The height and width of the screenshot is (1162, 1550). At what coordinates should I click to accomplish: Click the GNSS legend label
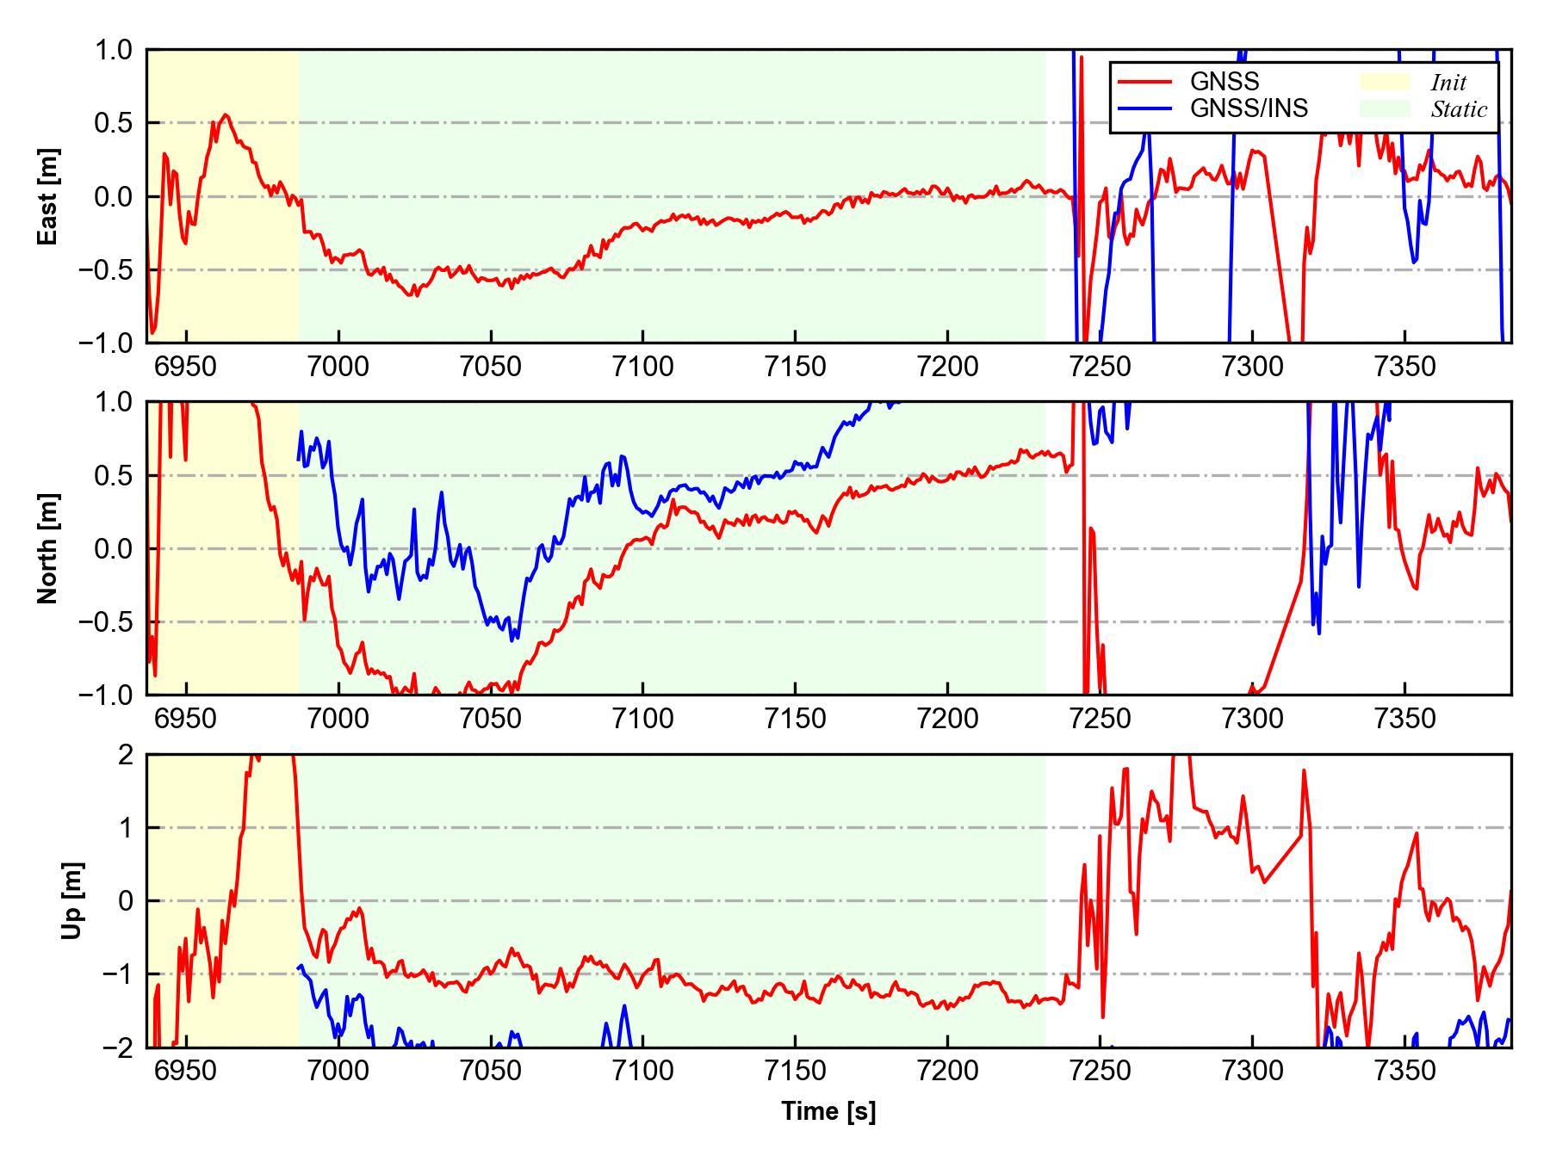[1224, 82]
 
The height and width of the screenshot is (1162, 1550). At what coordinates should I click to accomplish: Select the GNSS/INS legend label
[1249, 108]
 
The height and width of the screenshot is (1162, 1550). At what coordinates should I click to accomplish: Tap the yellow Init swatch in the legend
[1385, 82]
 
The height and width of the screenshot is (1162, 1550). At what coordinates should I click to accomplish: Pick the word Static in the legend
[1459, 109]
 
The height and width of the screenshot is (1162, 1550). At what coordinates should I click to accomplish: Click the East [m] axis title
[49, 196]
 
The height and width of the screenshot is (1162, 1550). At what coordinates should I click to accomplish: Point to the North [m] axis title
[49, 548]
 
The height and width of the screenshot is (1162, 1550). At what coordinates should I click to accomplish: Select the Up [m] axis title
[72, 900]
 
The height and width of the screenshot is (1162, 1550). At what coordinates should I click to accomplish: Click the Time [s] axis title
[828, 1111]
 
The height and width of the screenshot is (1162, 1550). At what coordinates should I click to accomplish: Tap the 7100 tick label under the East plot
[642, 367]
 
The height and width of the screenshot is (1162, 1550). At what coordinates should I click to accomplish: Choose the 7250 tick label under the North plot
[1100, 719]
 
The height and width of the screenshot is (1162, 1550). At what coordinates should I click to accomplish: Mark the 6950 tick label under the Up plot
[186, 1072]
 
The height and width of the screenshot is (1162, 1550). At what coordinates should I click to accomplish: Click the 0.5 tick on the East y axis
[115, 123]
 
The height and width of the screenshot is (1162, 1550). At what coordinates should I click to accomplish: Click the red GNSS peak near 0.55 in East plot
[226, 115]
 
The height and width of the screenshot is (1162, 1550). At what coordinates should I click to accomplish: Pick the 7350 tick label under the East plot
[1404, 367]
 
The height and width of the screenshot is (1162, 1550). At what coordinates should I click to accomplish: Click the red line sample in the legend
[1144, 82]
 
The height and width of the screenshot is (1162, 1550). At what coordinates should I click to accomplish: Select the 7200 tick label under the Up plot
[947, 1072]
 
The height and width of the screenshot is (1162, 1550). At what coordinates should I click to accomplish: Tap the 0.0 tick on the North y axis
[115, 548]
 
